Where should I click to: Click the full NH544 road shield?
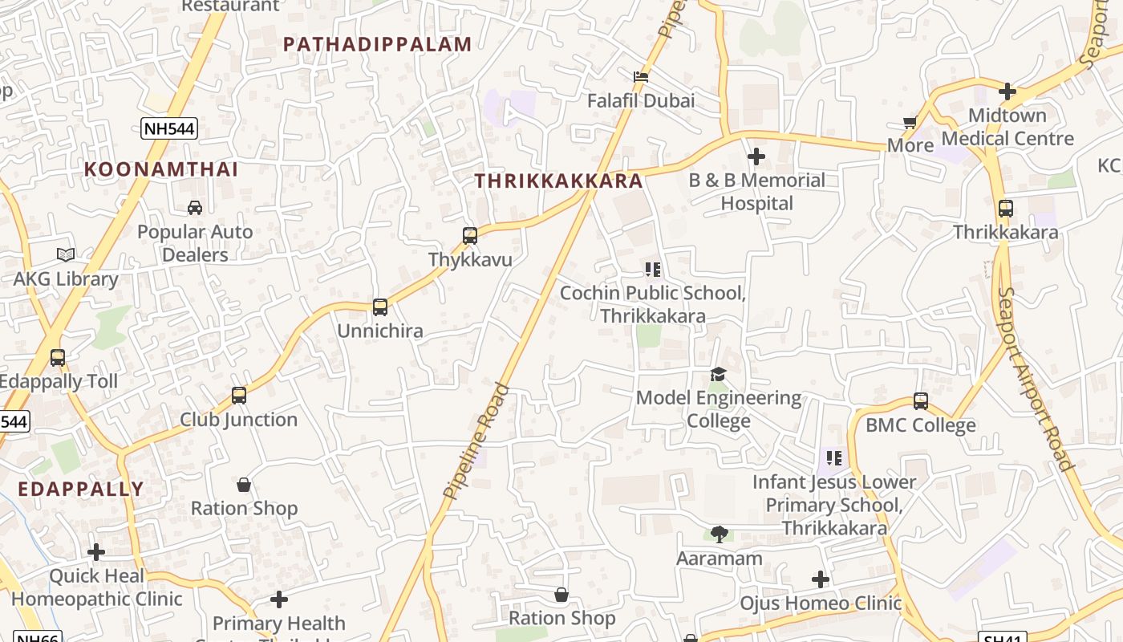[169, 128]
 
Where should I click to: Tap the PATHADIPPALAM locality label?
[377, 44]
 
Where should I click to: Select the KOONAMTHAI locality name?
[161, 169]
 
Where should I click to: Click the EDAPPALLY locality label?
[81, 489]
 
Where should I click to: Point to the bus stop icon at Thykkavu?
[470, 236]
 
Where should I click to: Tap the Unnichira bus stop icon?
[380, 307]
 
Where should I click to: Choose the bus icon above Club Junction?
[239, 396]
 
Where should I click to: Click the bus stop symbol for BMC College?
[921, 401]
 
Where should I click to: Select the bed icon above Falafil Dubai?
[641, 77]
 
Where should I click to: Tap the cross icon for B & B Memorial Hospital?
[756, 156]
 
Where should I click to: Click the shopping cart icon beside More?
[910, 123]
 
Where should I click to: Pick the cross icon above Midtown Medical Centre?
[1007, 91]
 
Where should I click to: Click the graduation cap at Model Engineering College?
[718, 375]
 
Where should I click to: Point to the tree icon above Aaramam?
[720, 534]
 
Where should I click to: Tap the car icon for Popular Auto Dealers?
[195, 208]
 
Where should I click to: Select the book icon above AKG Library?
[66, 255]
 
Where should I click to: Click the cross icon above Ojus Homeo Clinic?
[821, 579]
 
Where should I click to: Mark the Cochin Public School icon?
[653, 270]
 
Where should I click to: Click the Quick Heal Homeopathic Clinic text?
[96, 587]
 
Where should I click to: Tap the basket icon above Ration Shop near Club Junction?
[244, 485]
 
